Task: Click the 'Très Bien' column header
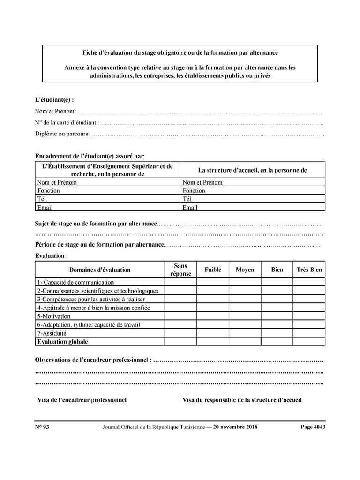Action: click(x=309, y=270)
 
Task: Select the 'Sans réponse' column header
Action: click(x=180, y=270)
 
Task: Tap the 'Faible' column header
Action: click(x=213, y=270)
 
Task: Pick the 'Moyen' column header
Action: click(x=245, y=270)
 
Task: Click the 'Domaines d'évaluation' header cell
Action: click(x=100, y=270)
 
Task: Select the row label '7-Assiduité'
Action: click(x=52, y=333)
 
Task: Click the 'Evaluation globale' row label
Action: click(x=63, y=342)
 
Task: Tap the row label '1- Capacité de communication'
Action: click(x=75, y=283)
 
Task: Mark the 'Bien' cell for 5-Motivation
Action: click(x=277, y=316)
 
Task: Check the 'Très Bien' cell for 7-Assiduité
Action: click(x=309, y=333)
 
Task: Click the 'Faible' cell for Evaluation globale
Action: click(x=213, y=342)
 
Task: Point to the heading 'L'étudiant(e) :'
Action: click(x=54, y=100)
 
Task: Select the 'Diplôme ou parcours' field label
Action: click(x=62, y=134)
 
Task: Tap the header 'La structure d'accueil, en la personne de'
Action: click(x=252, y=170)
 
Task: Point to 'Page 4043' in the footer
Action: click(x=313, y=427)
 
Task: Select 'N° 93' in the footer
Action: click(x=42, y=427)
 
